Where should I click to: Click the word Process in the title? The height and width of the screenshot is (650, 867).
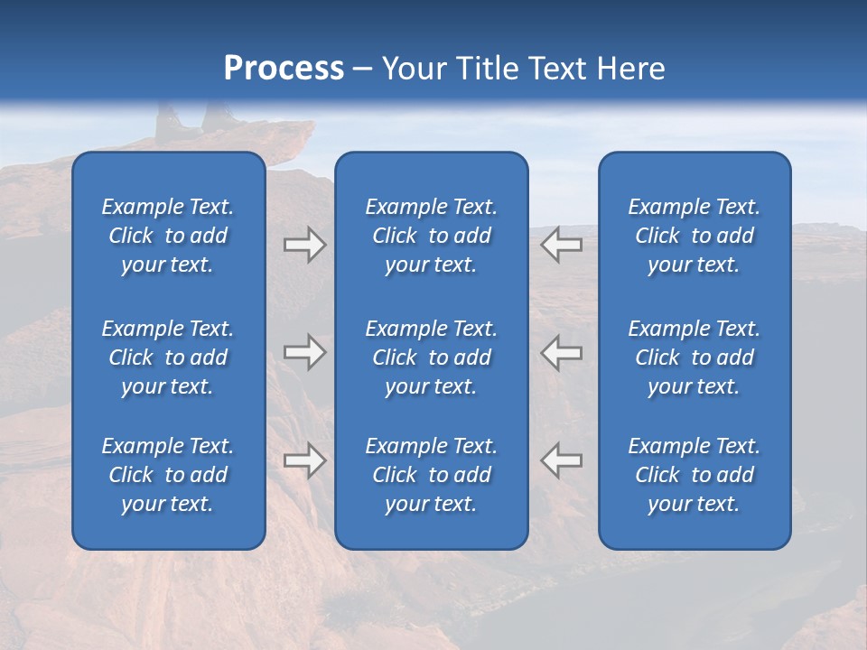click(284, 69)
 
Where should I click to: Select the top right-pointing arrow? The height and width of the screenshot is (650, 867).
click(304, 245)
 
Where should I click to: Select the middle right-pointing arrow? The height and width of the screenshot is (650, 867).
click(304, 352)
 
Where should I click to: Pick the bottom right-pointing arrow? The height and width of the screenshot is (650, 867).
click(304, 460)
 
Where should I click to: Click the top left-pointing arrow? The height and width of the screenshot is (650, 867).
click(562, 245)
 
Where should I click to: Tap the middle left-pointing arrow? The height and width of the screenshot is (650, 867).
click(562, 352)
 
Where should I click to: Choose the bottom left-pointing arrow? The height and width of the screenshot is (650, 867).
click(562, 460)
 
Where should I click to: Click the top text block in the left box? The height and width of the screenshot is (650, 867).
click(168, 236)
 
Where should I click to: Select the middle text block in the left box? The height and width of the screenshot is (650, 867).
click(168, 357)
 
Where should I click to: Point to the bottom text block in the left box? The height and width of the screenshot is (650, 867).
click(168, 475)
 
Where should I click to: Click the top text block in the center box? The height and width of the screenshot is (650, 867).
click(432, 236)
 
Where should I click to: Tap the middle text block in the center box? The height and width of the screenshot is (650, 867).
click(432, 357)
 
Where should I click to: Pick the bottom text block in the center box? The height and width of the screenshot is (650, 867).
click(432, 475)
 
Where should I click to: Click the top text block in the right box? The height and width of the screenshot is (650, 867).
click(695, 236)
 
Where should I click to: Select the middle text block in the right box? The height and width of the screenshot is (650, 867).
click(695, 357)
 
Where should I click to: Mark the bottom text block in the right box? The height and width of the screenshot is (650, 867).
click(695, 475)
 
